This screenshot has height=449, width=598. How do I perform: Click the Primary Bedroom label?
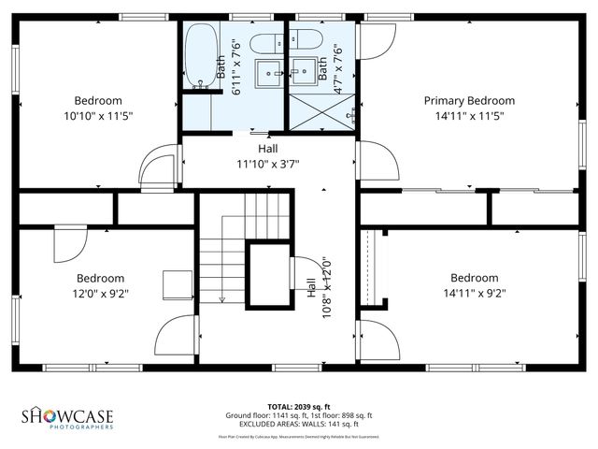[469, 100]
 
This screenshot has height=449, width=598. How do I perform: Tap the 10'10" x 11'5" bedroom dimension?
[98, 116]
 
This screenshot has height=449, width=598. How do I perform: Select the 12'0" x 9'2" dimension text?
[100, 293]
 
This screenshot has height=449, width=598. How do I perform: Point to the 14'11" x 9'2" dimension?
[474, 293]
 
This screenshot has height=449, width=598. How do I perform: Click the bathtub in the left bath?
[200, 55]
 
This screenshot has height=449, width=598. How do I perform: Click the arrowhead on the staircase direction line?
[221, 299]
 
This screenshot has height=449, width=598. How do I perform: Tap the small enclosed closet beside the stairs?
[269, 273]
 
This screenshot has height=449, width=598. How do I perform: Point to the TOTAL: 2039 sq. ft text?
[298, 407]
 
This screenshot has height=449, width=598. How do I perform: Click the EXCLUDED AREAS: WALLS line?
[298, 423]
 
